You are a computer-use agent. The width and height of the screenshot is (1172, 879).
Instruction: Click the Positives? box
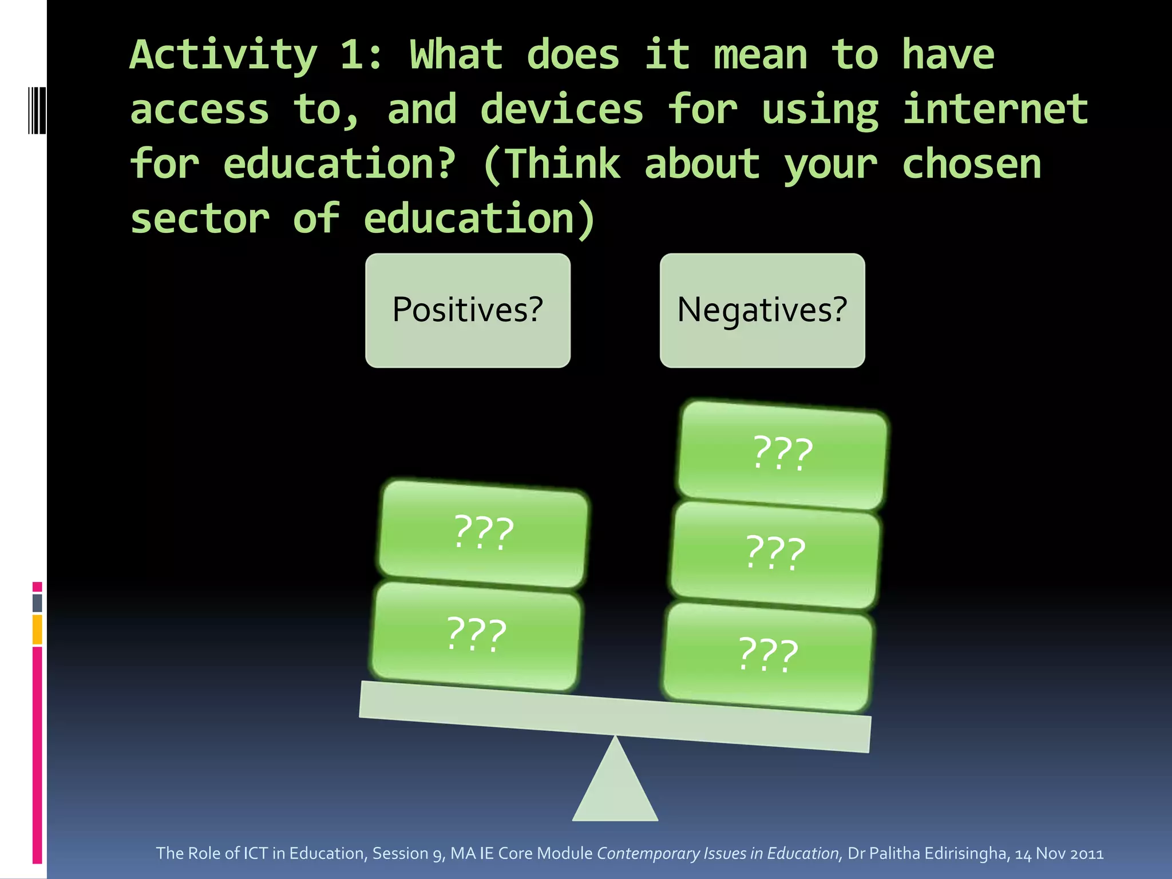coord(468,310)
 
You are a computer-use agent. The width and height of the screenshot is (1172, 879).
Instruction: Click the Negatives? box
coord(762,310)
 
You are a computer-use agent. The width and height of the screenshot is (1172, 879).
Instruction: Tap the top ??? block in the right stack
coord(782,454)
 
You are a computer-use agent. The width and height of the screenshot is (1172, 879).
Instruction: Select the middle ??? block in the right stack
coord(775,554)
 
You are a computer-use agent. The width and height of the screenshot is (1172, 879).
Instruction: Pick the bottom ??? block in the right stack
coord(768,656)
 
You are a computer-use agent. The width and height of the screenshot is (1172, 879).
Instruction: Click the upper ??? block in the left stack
coord(483,533)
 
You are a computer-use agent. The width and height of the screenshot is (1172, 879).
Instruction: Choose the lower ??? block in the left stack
coord(476,635)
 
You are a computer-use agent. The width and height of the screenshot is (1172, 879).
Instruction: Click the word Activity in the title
coord(223,56)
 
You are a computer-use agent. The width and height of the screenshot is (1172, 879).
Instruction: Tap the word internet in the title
coord(995,110)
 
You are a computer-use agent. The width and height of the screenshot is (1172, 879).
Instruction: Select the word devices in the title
coord(561,110)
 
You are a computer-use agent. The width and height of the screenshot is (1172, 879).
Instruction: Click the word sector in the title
coord(200,219)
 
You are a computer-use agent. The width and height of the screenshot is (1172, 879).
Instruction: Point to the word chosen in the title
coord(971,165)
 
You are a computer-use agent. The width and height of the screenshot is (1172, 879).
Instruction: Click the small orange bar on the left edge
coord(37,629)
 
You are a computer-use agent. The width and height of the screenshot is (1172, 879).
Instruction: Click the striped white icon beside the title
coord(37,110)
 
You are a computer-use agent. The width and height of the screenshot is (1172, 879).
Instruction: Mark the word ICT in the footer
coord(256,853)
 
